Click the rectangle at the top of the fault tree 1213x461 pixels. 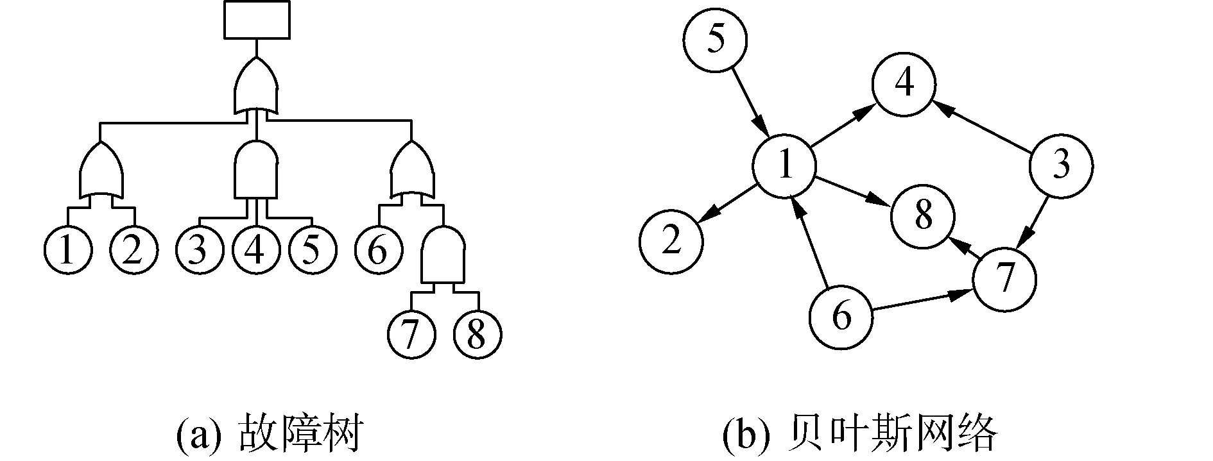pyautogui.click(x=256, y=20)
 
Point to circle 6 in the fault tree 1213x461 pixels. pyautogui.click(x=379, y=251)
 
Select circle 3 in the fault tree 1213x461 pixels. pyautogui.click(x=199, y=251)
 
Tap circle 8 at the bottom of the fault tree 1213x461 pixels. pyautogui.click(x=477, y=334)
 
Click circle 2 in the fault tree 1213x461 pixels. pyautogui.click(x=133, y=251)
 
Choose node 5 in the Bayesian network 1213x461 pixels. pyautogui.click(x=716, y=39)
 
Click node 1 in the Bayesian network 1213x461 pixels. pyautogui.click(x=784, y=166)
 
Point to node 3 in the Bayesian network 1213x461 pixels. pyautogui.click(x=1061, y=165)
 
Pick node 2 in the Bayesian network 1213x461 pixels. pyautogui.click(x=671, y=242)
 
